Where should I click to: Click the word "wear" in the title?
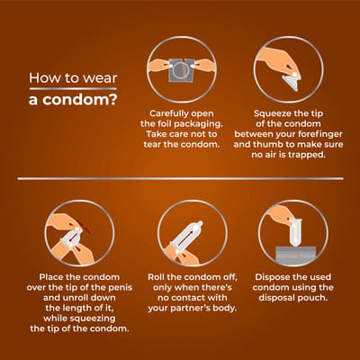click(100, 78)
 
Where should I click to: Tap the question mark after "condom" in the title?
click(112, 100)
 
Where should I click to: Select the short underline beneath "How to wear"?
click(73, 89)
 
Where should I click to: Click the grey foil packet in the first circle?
click(181, 70)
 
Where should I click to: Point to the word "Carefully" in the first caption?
click(168, 114)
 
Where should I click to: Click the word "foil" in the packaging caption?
click(164, 123)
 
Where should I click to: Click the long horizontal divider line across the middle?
click(180, 179)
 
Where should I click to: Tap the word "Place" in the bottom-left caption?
click(50, 277)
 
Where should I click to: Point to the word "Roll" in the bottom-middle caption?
click(157, 277)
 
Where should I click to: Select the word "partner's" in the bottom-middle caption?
click(191, 308)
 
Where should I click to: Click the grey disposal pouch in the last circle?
click(296, 253)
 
